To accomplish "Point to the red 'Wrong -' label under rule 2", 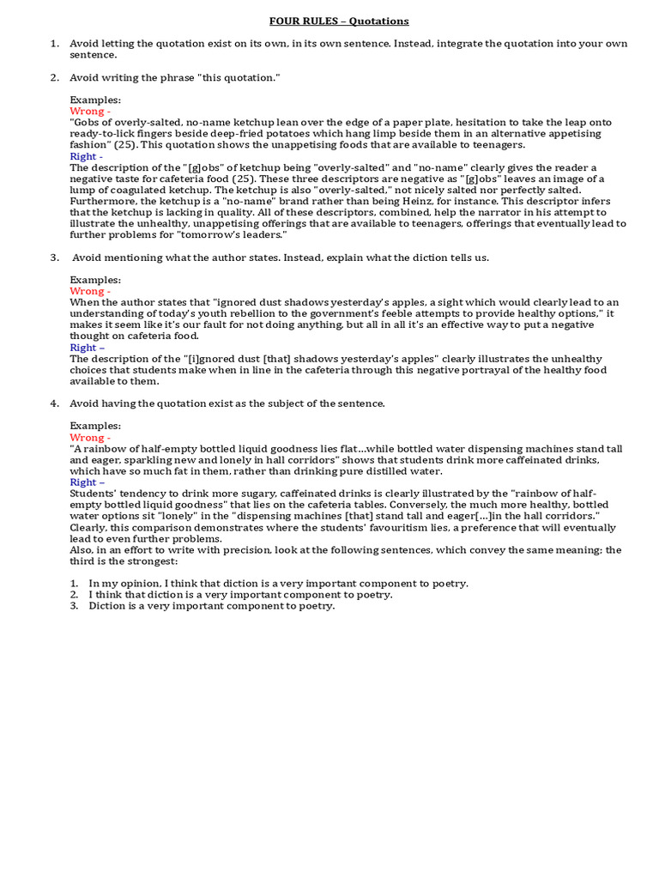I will [89, 112].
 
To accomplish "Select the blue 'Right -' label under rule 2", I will [86, 156].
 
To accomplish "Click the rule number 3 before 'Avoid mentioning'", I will [53, 258].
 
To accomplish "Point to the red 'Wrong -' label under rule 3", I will [89, 291].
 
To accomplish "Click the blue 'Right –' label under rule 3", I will [87, 348].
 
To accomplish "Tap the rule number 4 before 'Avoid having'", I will [53, 403].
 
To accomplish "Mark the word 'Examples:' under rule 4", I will [95, 426].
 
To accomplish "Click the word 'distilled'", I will [401, 471].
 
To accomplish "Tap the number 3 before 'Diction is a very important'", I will [74, 606].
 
